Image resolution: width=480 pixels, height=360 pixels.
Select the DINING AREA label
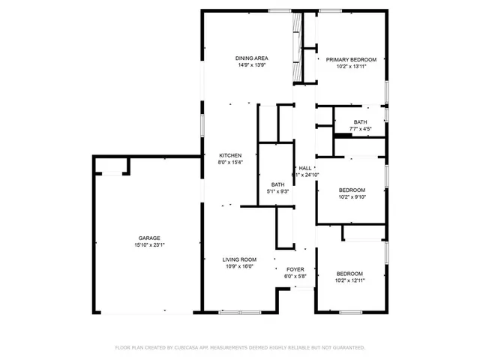[251, 58]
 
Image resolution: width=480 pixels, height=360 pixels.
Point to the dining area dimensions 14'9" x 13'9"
[251, 65]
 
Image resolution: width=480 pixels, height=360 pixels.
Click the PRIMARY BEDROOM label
[350, 59]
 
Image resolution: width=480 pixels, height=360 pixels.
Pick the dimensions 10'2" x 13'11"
[350, 66]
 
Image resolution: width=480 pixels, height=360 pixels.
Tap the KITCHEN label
[230, 155]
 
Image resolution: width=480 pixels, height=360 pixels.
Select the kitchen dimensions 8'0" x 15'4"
[230, 162]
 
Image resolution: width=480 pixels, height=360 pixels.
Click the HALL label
[305, 168]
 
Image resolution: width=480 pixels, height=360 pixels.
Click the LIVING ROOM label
[240, 259]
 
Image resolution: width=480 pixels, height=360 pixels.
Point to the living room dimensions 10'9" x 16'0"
[240, 266]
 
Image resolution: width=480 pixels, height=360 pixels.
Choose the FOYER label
[295, 268]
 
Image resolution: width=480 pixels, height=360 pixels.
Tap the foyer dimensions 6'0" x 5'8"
[295, 275]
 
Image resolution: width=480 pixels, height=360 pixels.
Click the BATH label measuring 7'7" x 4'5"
[361, 122]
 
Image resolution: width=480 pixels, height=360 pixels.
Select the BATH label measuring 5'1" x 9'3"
[277, 184]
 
